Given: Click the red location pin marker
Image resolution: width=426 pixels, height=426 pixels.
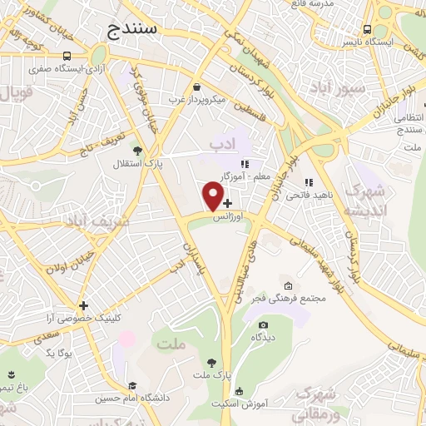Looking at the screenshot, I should coord(214,196).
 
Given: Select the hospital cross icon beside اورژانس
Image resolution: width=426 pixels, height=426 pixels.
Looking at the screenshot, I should coord(228,203).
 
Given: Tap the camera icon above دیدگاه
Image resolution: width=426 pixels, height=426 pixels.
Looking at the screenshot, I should coord(264,324).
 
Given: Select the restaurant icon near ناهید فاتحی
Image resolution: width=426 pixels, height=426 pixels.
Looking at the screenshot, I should coord(309,182).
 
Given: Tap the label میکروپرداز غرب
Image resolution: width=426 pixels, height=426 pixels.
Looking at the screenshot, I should coord(196,99).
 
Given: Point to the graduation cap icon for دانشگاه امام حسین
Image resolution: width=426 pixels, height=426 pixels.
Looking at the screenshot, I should coord(132,385).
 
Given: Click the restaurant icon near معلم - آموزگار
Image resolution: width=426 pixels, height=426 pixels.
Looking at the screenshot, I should coord(244,164).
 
